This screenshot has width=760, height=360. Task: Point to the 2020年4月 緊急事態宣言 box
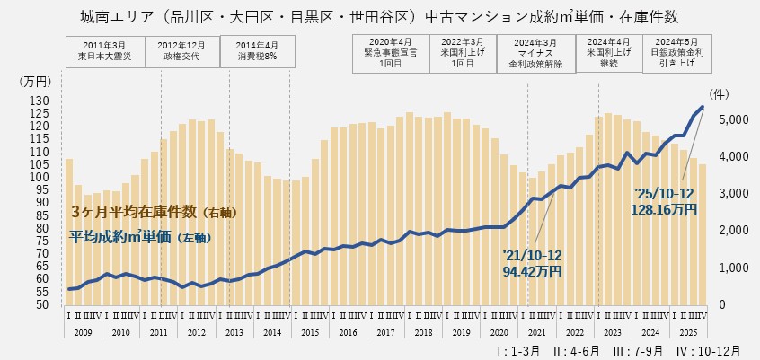[x=390, y=53]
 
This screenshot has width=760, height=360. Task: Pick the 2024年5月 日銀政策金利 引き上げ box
[x=677, y=53]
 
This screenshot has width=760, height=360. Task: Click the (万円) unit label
[x=36, y=82]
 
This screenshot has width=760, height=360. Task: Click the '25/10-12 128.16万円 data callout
[x=665, y=201]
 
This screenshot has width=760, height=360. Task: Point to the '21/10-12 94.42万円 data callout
[x=532, y=262]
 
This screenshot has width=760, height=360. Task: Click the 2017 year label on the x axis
[x=384, y=332]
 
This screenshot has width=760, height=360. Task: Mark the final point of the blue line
[x=703, y=107]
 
